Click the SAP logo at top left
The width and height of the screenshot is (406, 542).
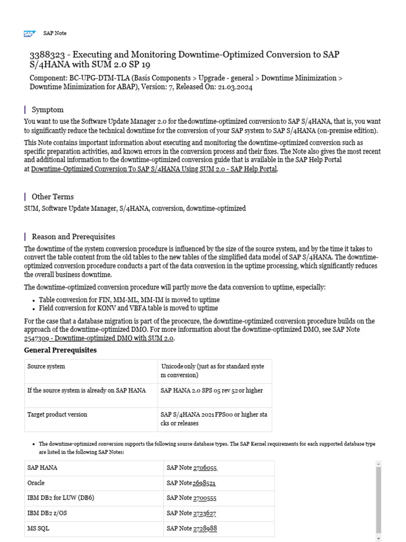pos(29,33)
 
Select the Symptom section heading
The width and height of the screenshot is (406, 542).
pos(48,110)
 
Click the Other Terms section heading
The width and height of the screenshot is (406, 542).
pos(53,196)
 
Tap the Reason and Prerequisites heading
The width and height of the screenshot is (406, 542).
pos(73,237)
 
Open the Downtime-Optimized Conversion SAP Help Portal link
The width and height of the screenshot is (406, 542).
pos(154,169)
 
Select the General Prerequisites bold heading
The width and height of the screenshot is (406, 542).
pos(61,350)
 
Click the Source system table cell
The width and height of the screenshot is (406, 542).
pos(47,366)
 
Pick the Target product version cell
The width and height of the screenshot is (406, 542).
pos(57,414)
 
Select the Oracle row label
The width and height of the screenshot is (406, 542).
pos(36,483)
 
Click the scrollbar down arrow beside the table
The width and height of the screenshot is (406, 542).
pos(378,538)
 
